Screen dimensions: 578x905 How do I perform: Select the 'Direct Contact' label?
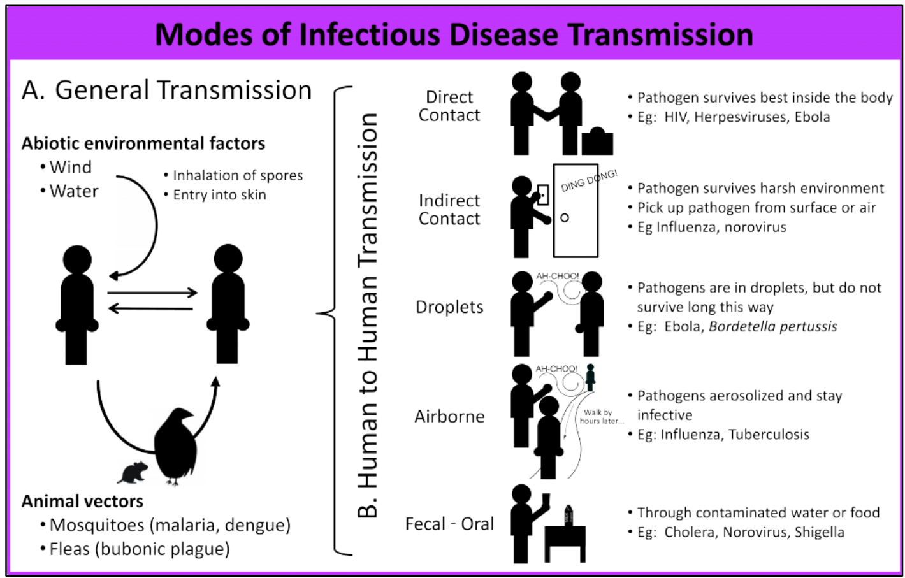point(449,106)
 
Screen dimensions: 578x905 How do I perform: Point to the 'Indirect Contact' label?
point(449,209)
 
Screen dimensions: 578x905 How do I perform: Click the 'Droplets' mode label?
point(449,307)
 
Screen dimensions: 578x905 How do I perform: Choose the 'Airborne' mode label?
point(449,416)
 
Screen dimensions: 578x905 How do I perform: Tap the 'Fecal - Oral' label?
point(449,524)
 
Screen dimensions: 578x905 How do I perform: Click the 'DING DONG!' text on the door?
point(589,180)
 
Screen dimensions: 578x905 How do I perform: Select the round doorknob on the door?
point(564,218)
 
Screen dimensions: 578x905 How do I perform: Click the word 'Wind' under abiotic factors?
point(71,167)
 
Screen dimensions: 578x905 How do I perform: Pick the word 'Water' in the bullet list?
point(74,191)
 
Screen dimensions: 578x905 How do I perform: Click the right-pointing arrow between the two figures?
point(153,293)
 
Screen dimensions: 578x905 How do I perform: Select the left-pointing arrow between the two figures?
point(150,308)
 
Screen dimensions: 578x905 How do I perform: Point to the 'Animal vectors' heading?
point(82,501)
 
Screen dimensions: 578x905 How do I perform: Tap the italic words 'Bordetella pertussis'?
point(772,326)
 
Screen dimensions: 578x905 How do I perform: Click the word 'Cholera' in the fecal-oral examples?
point(690,532)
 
